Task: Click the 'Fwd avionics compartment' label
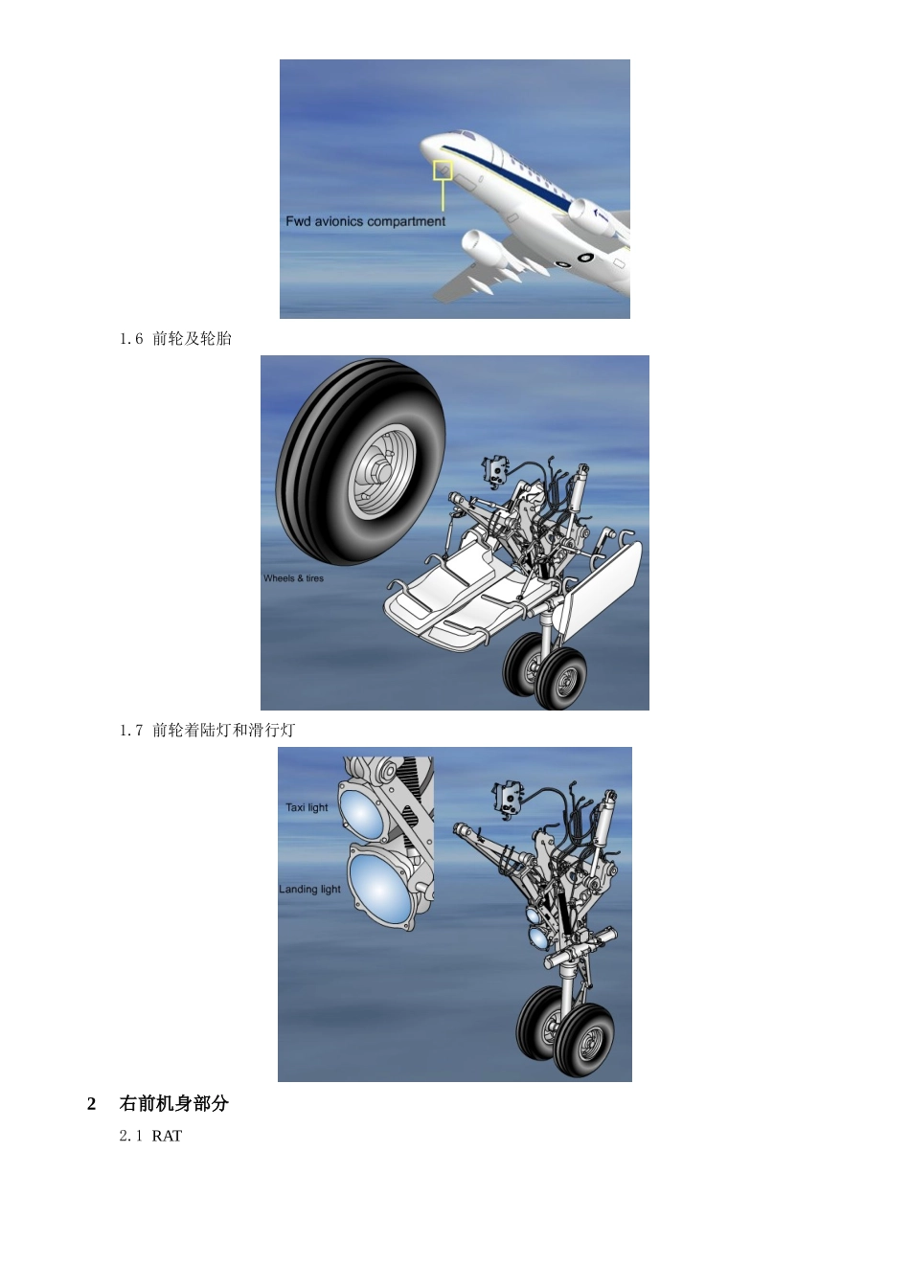pos(365,221)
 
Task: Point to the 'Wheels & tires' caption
pos(293,578)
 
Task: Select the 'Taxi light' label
pos(307,807)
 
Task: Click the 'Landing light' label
pos(309,890)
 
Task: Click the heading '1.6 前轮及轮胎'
pos(175,338)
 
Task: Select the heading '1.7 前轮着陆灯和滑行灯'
pos(207,731)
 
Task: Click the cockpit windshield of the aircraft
pos(463,136)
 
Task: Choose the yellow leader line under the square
pos(443,194)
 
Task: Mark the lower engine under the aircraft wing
pos(484,247)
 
